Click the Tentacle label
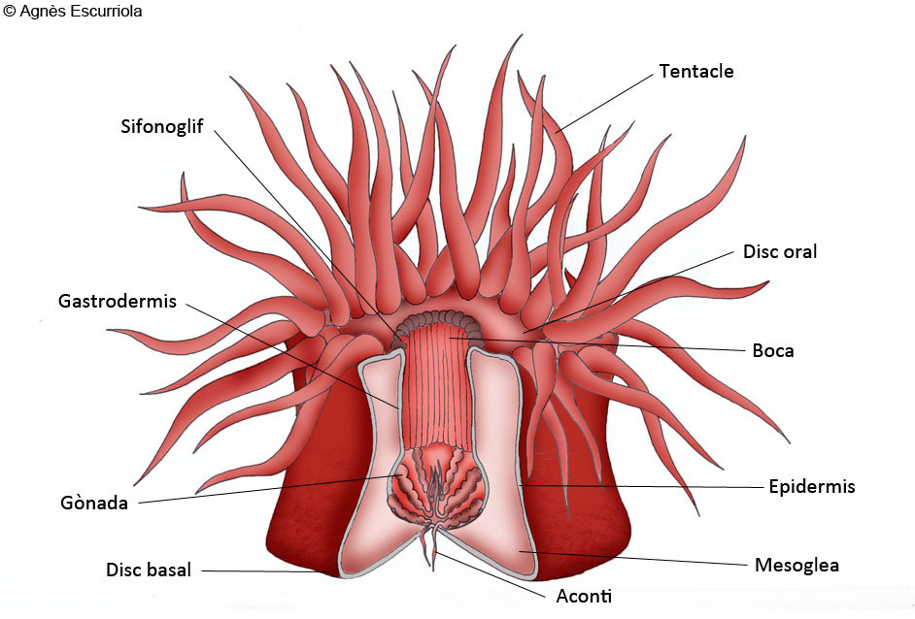(x=696, y=71)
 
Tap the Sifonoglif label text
(x=161, y=126)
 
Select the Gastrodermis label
(x=118, y=301)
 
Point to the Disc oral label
(x=780, y=252)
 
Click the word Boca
(x=772, y=351)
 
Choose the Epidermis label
(x=812, y=487)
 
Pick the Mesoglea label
(x=796, y=565)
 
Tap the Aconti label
(x=584, y=597)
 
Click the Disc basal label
(x=149, y=570)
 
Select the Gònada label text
(x=94, y=503)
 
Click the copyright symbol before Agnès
(x=9, y=11)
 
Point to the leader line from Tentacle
(x=604, y=103)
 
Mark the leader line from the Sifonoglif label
(x=305, y=232)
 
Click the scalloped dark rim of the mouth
(x=438, y=322)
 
